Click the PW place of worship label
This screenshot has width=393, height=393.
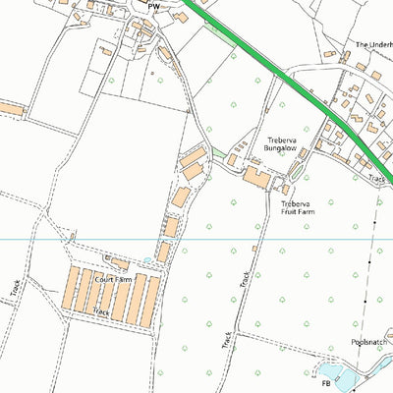152,6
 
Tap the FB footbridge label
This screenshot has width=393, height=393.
325,384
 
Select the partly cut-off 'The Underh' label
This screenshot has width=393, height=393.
373,44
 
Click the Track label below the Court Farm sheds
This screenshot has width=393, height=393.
99,310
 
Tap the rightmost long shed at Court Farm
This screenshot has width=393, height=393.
152,300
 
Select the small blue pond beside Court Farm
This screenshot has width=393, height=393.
147,260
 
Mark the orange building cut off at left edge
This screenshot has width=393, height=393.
9,106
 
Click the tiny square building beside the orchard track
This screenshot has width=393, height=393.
253,249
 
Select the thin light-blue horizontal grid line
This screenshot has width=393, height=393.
196,239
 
